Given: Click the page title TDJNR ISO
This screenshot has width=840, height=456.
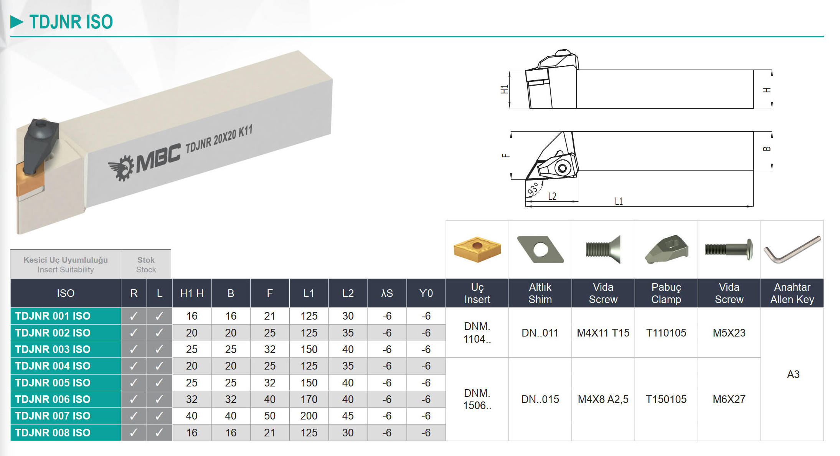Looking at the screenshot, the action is coord(71,22).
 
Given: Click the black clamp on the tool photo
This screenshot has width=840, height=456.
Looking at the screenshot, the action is coord(40,146).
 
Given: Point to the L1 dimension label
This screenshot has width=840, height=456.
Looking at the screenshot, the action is coord(619,201).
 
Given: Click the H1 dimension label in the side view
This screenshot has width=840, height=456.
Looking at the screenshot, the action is coord(504,90).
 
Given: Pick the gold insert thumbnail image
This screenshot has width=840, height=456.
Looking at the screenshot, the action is coord(477,249).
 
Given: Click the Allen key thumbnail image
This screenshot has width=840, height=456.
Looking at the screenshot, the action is coord(792,249).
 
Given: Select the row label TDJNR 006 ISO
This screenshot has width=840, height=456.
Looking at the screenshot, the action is coord(53,399).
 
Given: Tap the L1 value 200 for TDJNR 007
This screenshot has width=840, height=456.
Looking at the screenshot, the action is coord(309,416).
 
